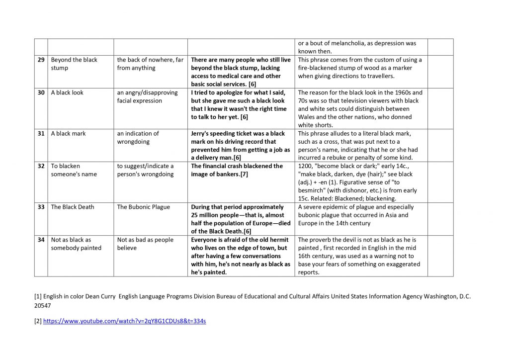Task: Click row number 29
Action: (x=41, y=60)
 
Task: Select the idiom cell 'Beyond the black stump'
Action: (x=74, y=64)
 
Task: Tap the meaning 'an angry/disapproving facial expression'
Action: (x=147, y=96)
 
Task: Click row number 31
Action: (x=41, y=133)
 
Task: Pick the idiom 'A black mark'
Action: (x=68, y=133)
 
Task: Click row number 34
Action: (x=41, y=240)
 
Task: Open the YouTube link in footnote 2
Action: (x=124, y=321)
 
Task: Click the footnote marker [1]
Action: (x=38, y=296)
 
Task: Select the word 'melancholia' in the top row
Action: (x=345, y=43)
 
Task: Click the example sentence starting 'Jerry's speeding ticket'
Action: (x=239, y=145)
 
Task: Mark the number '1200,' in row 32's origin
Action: (x=306, y=166)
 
